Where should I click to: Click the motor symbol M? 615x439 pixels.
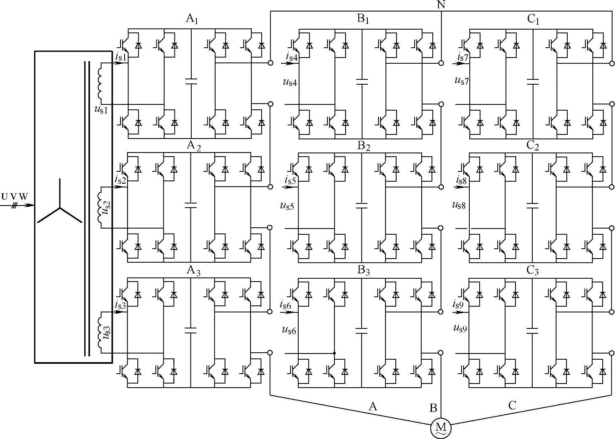pos(441,428)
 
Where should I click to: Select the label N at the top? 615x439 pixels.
pos(441,5)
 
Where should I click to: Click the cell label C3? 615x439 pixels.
pos(533,270)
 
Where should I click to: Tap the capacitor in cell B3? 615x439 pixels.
pos(362,330)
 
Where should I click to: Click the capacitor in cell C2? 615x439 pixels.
pos(532,205)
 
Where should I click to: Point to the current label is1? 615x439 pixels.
pos(121,57)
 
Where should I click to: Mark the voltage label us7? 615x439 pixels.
pos(462,80)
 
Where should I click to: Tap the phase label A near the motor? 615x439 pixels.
pos(373,407)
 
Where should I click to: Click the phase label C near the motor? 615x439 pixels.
pos(512,406)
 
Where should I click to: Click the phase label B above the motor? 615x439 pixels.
pos(433,408)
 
